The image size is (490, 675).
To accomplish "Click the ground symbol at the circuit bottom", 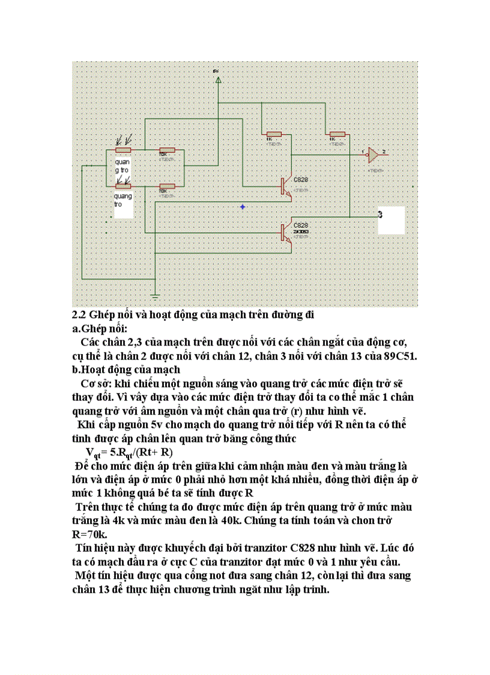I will pyautogui.click(x=155, y=296).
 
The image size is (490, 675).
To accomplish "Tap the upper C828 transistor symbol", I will pyautogui.click(x=285, y=187).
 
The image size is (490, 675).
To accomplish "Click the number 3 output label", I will pyautogui.click(x=381, y=214).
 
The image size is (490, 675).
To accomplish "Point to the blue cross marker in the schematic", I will pyautogui.click(x=243, y=207).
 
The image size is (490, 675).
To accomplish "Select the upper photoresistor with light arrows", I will pyautogui.click(x=124, y=150).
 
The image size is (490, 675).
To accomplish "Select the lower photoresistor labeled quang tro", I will pyautogui.click(x=124, y=187).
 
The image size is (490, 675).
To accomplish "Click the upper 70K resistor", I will pyautogui.click(x=166, y=151).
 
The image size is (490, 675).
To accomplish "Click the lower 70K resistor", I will pyautogui.click(x=166, y=186).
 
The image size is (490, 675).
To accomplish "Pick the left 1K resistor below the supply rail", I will pyautogui.click(x=274, y=134).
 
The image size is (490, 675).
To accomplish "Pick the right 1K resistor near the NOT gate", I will pyautogui.click(x=337, y=134).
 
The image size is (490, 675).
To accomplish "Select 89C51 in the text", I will pyautogui.click(x=401, y=356).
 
